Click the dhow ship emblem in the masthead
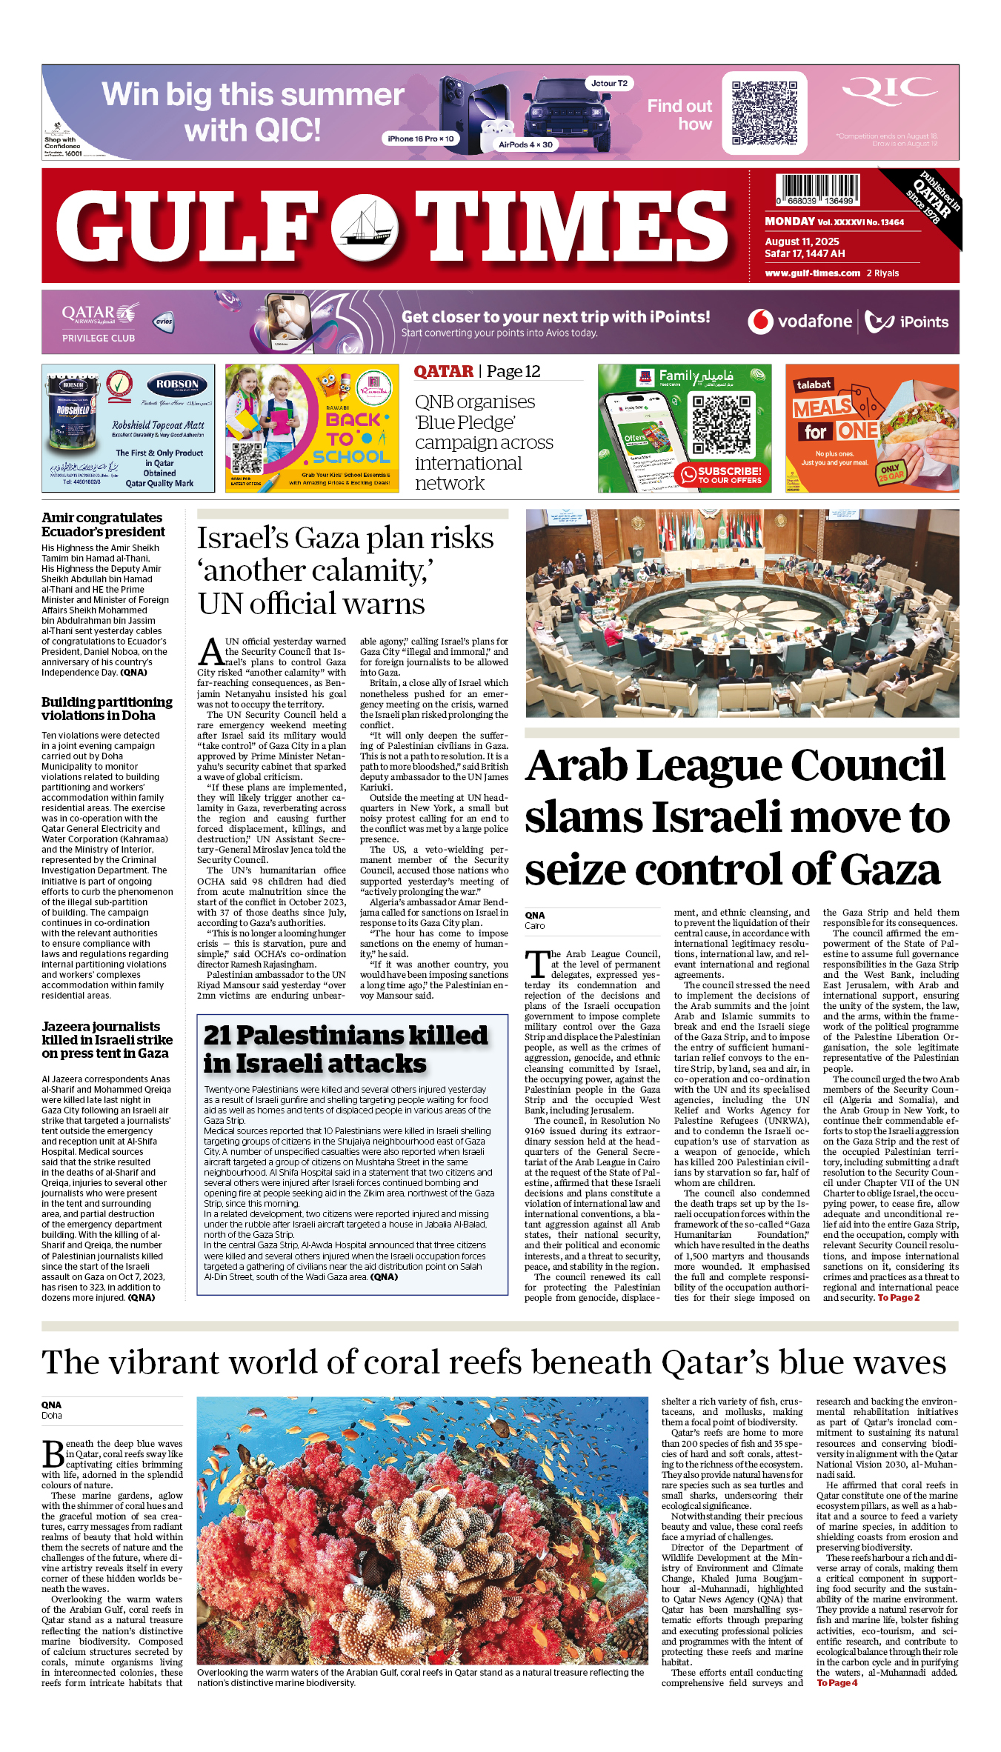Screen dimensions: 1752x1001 point(365,225)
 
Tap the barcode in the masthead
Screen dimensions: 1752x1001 point(818,190)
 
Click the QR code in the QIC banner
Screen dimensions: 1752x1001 point(764,113)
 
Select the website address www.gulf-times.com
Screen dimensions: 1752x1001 point(812,273)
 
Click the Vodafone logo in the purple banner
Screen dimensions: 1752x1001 point(799,322)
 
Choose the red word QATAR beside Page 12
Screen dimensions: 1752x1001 point(443,372)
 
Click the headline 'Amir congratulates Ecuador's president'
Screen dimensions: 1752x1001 point(103,524)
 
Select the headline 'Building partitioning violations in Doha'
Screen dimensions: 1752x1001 point(107,708)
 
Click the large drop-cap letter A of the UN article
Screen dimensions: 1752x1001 point(211,651)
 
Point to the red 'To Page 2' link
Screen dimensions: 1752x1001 point(898,1298)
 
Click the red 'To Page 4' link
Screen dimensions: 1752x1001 point(837,1683)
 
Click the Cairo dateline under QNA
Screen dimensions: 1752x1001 point(534,926)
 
